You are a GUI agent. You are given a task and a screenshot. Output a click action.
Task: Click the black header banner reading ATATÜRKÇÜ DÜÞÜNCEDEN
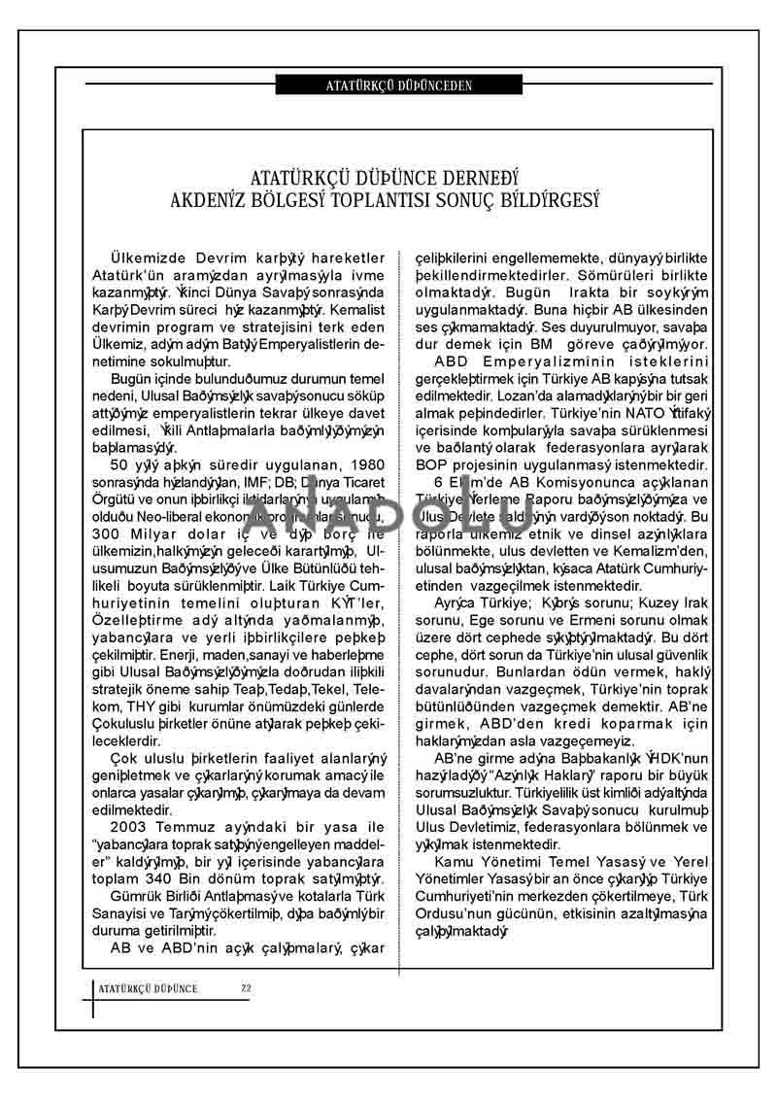(x=398, y=85)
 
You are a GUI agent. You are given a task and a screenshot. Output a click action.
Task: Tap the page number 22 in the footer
(x=247, y=988)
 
